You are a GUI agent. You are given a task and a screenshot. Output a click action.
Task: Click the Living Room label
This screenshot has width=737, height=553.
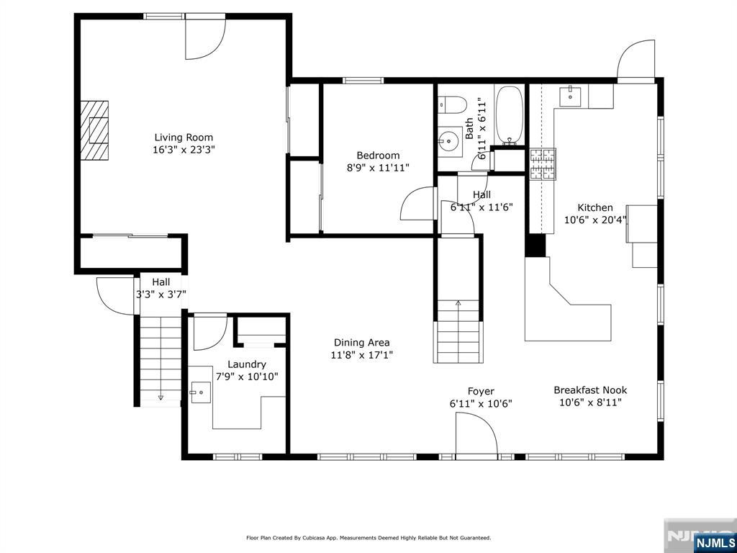(x=184, y=138)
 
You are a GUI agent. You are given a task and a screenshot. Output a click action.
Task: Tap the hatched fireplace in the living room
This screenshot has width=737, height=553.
(x=94, y=131)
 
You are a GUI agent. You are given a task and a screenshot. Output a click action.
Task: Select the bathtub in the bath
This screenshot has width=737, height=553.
(x=510, y=115)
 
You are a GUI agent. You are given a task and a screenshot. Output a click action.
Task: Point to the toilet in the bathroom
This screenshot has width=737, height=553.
(x=452, y=104)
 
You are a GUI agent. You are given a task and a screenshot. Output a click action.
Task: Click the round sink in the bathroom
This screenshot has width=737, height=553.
(x=450, y=140)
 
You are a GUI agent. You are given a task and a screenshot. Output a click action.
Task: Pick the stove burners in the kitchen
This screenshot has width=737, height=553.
(x=543, y=163)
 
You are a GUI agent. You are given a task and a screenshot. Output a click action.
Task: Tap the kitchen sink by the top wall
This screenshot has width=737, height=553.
(x=570, y=96)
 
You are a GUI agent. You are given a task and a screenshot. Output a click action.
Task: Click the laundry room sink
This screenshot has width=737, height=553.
(x=201, y=392)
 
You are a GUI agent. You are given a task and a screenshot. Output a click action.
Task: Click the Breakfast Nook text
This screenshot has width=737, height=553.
(x=590, y=390)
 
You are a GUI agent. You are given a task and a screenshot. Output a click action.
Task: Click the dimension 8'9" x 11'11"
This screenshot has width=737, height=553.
(x=378, y=167)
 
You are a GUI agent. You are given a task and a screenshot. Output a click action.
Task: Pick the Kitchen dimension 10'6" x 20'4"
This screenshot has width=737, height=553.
(x=595, y=219)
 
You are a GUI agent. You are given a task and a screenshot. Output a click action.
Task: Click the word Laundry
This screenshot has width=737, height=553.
(x=247, y=364)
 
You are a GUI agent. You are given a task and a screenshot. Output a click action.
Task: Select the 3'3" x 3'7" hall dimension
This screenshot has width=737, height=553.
(x=160, y=295)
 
